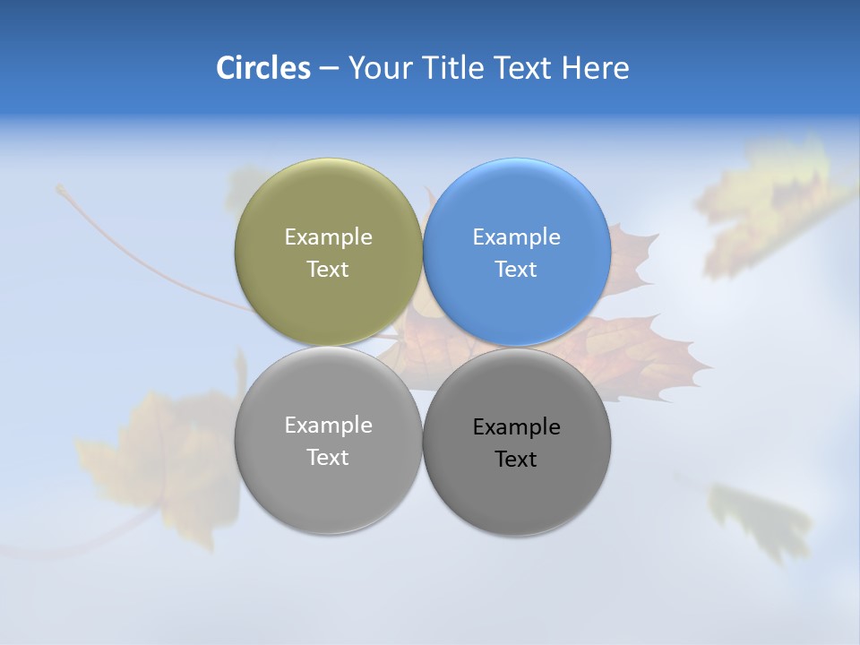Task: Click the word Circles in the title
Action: click(x=262, y=68)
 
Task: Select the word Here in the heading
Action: click(x=595, y=68)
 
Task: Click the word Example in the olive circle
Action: click(x=328, y=236)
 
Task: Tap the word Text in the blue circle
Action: click(x=516, y=269)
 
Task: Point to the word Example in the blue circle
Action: click(x=516, y=236)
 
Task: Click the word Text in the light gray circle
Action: click(x=328, y=457)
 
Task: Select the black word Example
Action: click(x=516, y=426)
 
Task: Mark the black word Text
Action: click(x=516, y=459)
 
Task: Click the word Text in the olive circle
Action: click(x=328, y=269)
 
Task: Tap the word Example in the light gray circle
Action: click(x=328, y=425)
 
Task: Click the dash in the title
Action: click(x=329, y=69)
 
